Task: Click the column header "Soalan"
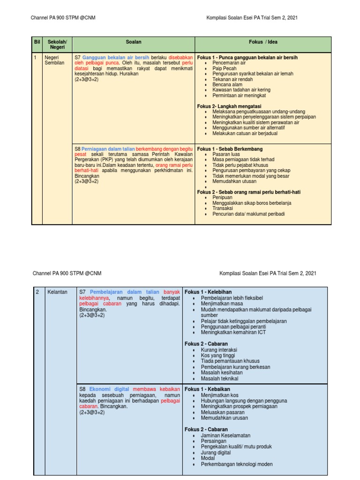(134, 42)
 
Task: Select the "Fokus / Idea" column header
(262, 42)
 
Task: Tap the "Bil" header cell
(37, 42)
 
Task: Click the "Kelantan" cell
(57, 292)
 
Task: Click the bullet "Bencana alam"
(227, 84)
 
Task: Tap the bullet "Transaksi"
(223, 208)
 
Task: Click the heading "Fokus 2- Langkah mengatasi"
(229, 106)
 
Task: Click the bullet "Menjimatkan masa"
(222, 304)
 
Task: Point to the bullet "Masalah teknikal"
(219, 378)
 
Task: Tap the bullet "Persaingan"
(214, 441)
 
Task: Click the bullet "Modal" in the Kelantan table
(208, 458)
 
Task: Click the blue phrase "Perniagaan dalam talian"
(108, 149)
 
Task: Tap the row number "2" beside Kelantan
(37, 292)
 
